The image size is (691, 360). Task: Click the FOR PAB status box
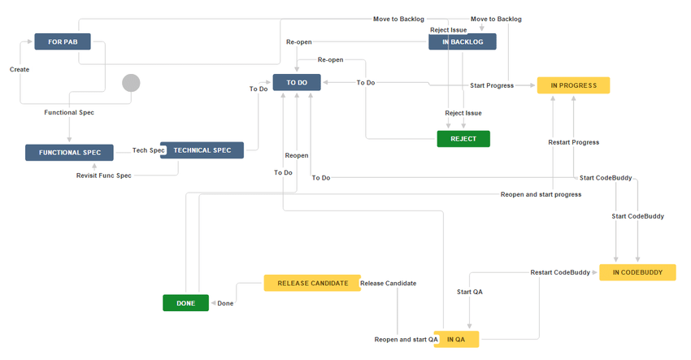(x=62, y=41)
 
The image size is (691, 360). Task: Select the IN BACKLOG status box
(x=462, y=41)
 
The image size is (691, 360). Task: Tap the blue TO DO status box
(x=297, y=82)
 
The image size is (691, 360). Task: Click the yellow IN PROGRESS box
(x=573, y=85)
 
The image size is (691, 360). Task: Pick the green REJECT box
(x=463, y=139)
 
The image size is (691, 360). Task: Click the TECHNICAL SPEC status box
(x=202, y=150)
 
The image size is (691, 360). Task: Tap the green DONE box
(x=185, y=303)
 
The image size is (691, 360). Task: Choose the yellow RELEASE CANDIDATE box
(x=311, y=284)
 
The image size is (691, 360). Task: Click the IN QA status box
(x=455, y=339)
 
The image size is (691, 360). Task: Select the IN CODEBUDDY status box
(x=637, y=272)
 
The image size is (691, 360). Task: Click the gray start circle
(x=131, y=83)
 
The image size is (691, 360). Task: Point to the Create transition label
(x=20, y=70)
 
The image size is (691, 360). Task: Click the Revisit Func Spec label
(x=104, y=176)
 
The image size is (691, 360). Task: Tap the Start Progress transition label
(x=492, y=85)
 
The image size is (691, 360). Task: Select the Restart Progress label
(x=574, y=142)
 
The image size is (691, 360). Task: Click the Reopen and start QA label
(x=406, y=339)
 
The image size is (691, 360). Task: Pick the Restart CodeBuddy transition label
(x=560, y=272)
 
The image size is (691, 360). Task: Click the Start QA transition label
(x=471, y=291)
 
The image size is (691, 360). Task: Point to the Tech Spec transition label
(x=149, y=150)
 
